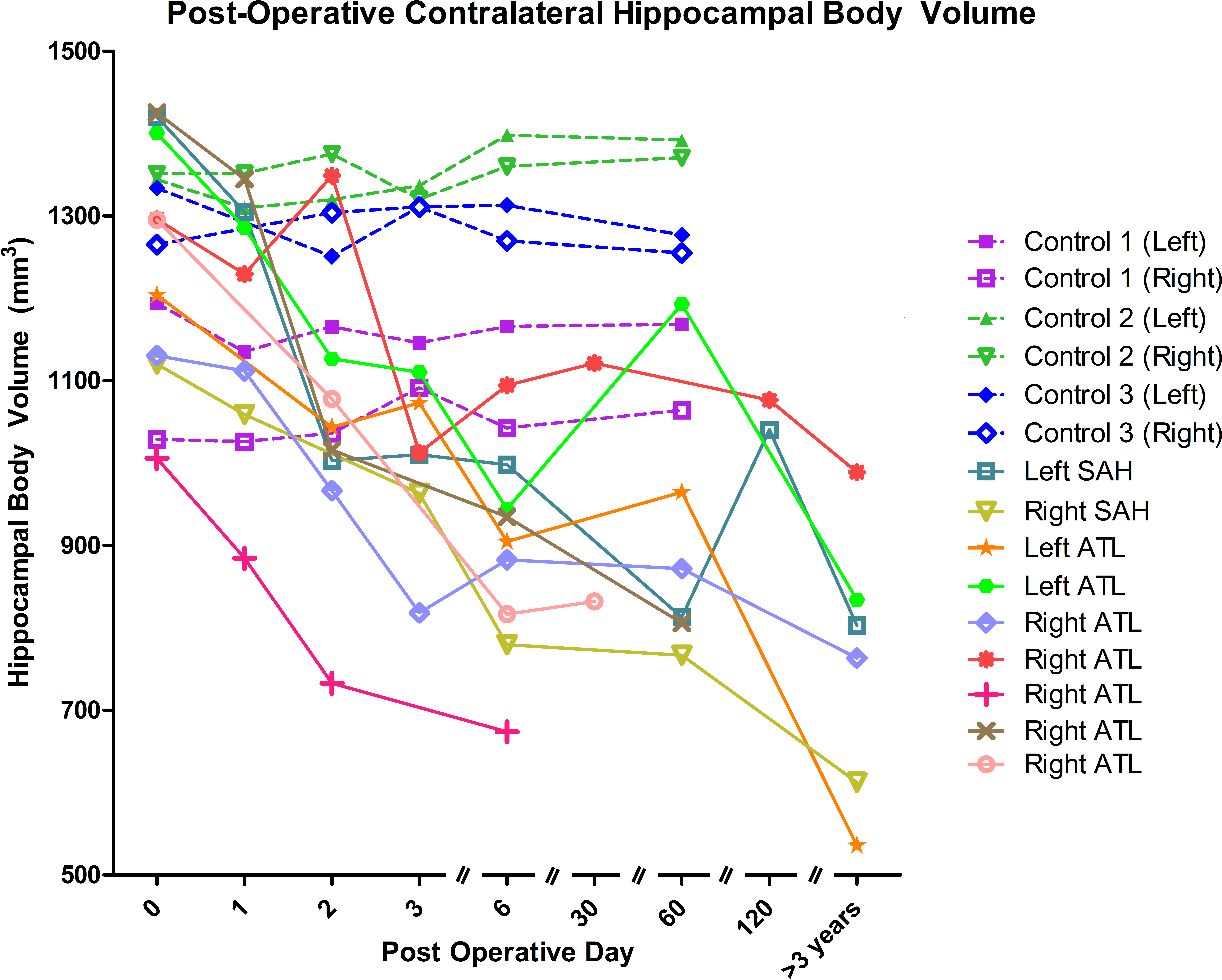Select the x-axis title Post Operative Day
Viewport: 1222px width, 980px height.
click(507, 952)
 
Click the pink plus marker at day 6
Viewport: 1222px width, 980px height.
click(507, 732)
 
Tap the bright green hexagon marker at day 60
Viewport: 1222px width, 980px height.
click(682, 304)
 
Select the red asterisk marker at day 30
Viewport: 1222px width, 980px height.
click(594, 363)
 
